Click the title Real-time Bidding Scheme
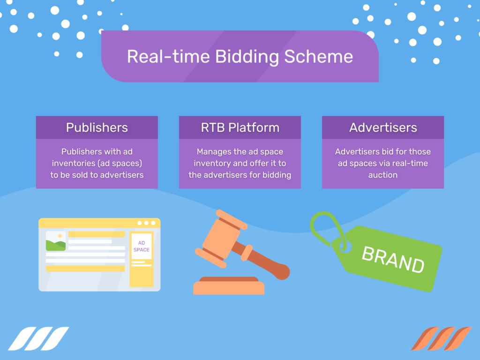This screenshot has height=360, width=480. tap(240, 57)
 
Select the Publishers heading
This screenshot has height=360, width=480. tap(97, 127)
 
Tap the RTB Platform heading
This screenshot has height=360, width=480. tap(240, 127)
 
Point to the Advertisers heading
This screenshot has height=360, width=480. tap(382, 127)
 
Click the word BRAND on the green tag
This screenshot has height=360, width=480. tap(393, 259)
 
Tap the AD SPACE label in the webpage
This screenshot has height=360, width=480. tap(141, 246)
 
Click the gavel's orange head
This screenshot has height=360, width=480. tap(220, 236)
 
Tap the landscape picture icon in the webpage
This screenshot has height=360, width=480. tap(56, 241)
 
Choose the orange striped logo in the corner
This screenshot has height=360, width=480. tap(441, 338)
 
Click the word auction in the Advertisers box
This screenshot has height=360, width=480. tap(382, 175)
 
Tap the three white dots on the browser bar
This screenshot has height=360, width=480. tap(146, 223)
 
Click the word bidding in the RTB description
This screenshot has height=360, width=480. tap(277, 175)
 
